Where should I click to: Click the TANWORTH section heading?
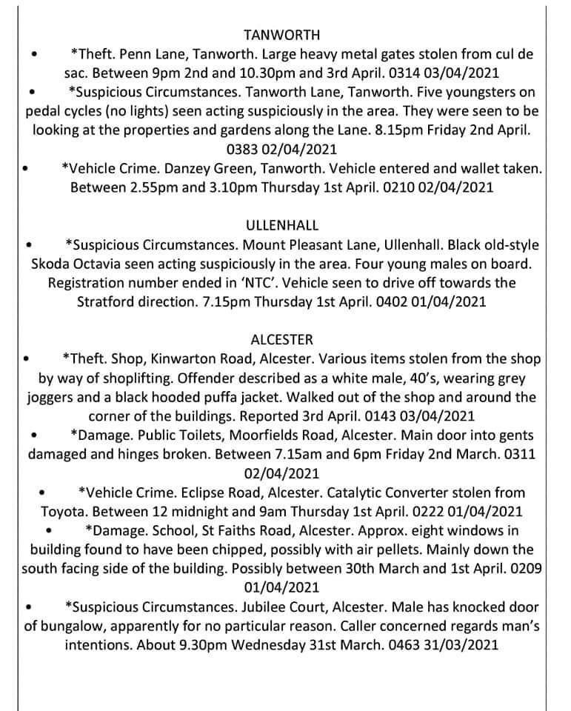(281, 35)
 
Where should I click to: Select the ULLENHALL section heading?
(281, 224)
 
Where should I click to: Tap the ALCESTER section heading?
(281, 339)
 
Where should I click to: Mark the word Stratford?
(108, 302)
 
